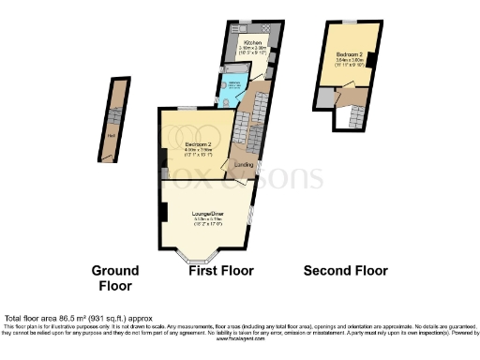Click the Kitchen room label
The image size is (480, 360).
click(252, 43)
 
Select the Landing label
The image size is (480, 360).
click(242, 166)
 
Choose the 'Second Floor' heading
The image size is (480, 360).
click(345, 271)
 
